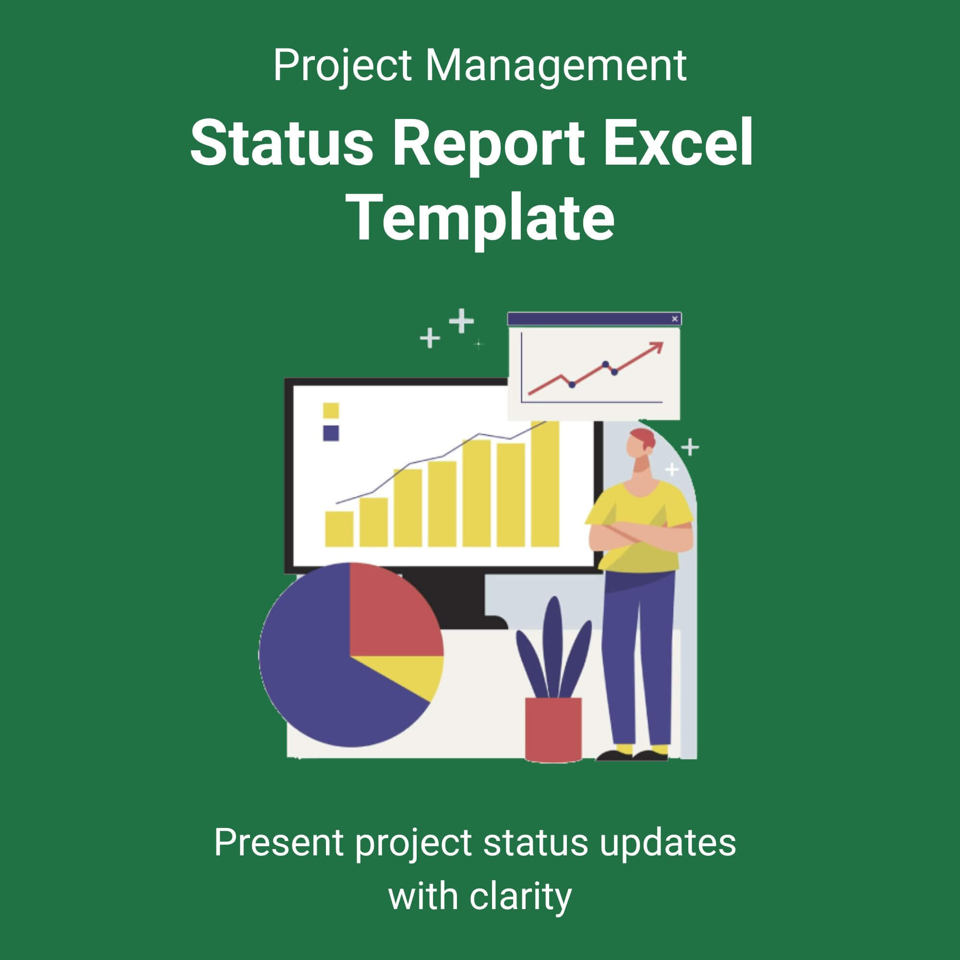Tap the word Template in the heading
click(x=482, y=217)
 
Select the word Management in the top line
click(x=555, y=65)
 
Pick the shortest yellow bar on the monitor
click(x=339, y=528)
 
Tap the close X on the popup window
click(x=674, y=319)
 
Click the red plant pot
click(x=553, y=730)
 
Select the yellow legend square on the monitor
click(x=331, y=411)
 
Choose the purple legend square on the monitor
click(x=331, y=433)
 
